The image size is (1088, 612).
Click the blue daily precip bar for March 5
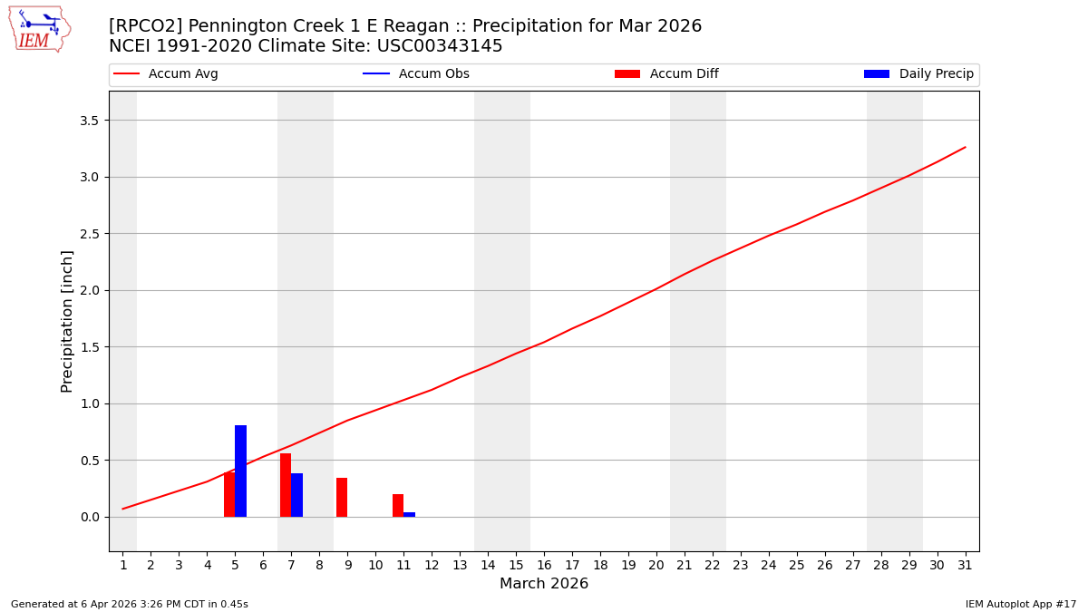[x=240, y=471]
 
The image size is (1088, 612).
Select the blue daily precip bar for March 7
[x=296, y=495]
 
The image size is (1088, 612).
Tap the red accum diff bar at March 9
[x=342, y=498]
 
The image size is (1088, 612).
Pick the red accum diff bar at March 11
[x=398, y=506]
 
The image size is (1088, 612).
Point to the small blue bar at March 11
[x=410, y=514]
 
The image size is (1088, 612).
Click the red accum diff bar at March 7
[x=286, y=485]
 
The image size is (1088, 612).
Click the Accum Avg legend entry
[x=166, y=74]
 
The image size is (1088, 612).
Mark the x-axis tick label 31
[x=965, y=565]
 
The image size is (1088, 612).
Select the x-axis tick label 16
[x=544, y=565]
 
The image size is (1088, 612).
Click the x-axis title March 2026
[x=544, y=584]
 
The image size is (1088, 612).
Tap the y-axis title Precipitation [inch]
[x=67, y=321]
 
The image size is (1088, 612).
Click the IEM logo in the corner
[x=39, y=29]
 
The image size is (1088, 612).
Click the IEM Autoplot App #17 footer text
[x=1020, y=604]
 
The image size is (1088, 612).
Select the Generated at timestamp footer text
[x=130, y=604]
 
